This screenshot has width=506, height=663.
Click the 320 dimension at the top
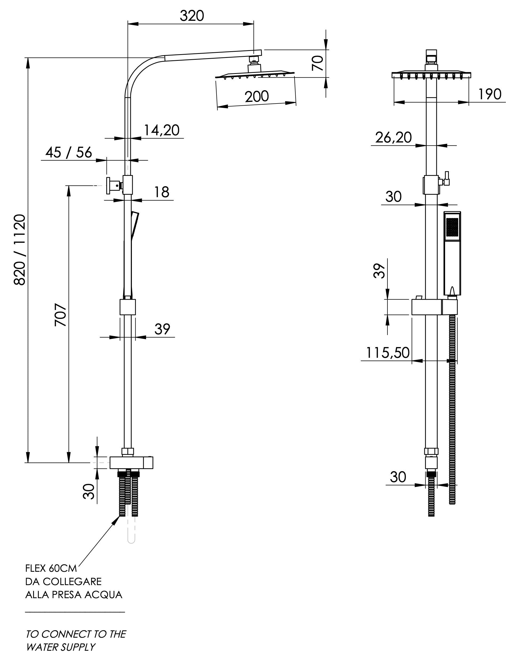coord(192,16)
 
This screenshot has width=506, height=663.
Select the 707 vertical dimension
coord(61,315)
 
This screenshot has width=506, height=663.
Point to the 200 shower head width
coord(257,96)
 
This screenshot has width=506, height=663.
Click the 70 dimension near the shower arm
coord(318,63)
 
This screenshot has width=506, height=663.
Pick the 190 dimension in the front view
coord(489,94)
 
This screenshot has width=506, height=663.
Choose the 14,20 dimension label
coord(162,130)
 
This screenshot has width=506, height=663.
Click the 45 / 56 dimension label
coord(69,153)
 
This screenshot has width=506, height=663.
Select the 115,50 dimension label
coord(388,353)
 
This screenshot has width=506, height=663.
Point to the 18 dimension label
coord(162,192)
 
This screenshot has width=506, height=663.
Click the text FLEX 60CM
coord(51,569)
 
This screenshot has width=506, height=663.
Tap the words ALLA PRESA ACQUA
coord(74,595)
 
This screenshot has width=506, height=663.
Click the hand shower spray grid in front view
coord(452,227)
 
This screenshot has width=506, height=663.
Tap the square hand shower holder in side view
coord(128,307)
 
